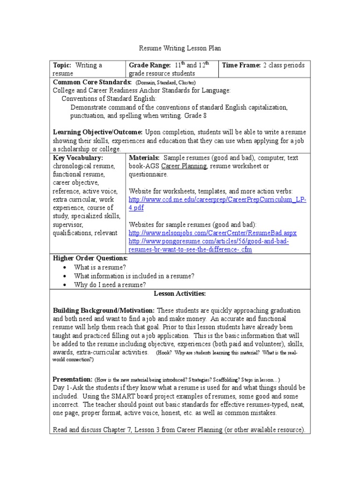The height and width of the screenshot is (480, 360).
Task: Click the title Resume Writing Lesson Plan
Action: (x=180, y=48)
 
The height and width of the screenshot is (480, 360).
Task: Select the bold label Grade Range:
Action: (x=148, y=65)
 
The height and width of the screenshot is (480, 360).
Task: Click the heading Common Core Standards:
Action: (x=92, y=82)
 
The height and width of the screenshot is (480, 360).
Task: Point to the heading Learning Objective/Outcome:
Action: (x=98, y=132)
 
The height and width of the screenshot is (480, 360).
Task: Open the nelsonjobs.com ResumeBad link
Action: (x=212, y=233)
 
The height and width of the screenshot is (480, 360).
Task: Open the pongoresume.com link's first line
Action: (x=209, y=241)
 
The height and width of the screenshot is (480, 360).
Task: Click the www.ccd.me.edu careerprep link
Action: (x=217, y=199)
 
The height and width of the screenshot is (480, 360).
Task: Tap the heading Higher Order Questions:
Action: (x=90, y=258)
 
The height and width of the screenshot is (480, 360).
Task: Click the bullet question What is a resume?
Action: (x=100, y=267)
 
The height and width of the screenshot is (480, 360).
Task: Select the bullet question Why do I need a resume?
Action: (x=110, y=285)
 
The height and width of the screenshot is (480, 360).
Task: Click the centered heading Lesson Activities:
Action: (x=180, y=293)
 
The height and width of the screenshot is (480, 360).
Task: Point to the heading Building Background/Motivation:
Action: (x=104, y=310)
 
